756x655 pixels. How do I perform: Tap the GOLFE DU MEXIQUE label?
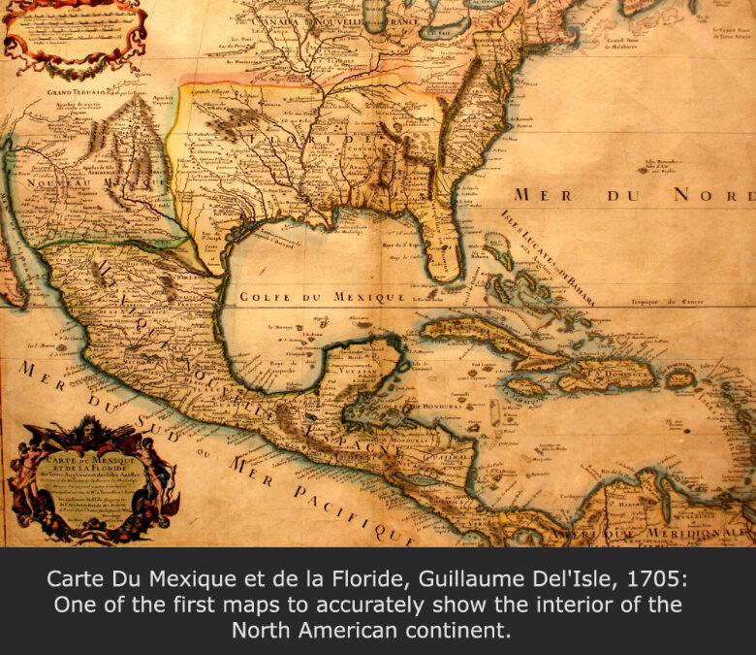click(322, 297)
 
